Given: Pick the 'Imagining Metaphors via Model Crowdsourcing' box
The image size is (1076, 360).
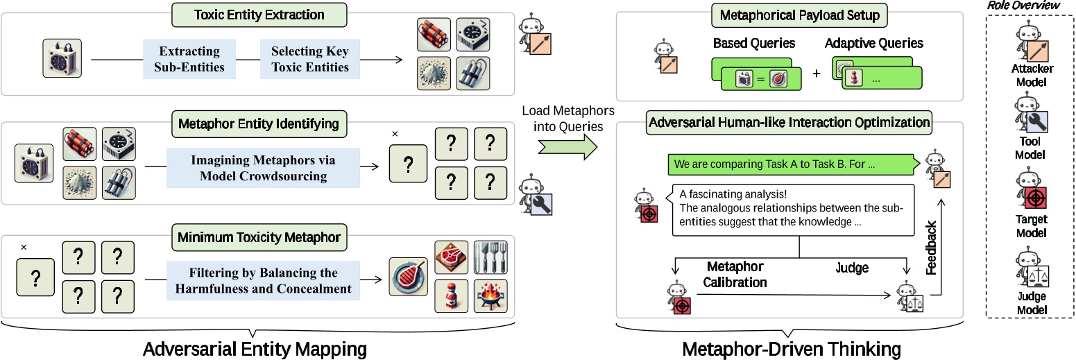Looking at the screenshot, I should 263,168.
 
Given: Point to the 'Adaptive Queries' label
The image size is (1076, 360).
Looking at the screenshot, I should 873,43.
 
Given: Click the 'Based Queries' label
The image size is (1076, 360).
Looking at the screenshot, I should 755,43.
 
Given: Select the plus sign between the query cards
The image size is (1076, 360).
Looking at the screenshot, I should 816,74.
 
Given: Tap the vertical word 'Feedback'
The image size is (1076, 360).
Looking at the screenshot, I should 932,248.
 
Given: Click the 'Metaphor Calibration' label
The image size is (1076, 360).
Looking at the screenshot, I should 735,274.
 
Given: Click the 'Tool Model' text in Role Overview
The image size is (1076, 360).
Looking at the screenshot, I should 1030,148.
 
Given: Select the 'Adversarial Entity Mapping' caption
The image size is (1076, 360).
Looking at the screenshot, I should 255,348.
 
